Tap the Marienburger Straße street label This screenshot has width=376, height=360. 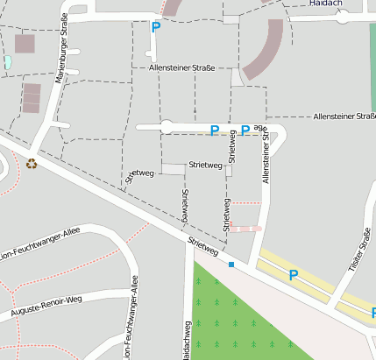tap(62, 53)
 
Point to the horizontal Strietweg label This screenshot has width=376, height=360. tap(206, 165)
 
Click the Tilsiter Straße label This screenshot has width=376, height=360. tap(357, 250)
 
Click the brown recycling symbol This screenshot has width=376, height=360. tap(32, 162)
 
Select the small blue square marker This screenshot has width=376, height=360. tap(231, 264)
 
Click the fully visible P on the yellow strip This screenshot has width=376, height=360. tap(294, 274)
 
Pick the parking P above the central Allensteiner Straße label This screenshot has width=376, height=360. tap(156, 27)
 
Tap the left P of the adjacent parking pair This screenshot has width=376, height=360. tap(215, 131)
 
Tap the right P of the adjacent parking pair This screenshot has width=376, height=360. tap(245, 131)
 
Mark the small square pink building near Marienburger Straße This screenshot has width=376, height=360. tap(25, 43)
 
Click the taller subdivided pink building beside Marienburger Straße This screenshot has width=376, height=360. tap(32, 97)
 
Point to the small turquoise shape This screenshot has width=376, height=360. tap(7, 62)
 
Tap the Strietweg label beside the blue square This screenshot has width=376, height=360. tap(202, 247)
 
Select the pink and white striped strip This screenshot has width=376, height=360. tap(246, 229)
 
